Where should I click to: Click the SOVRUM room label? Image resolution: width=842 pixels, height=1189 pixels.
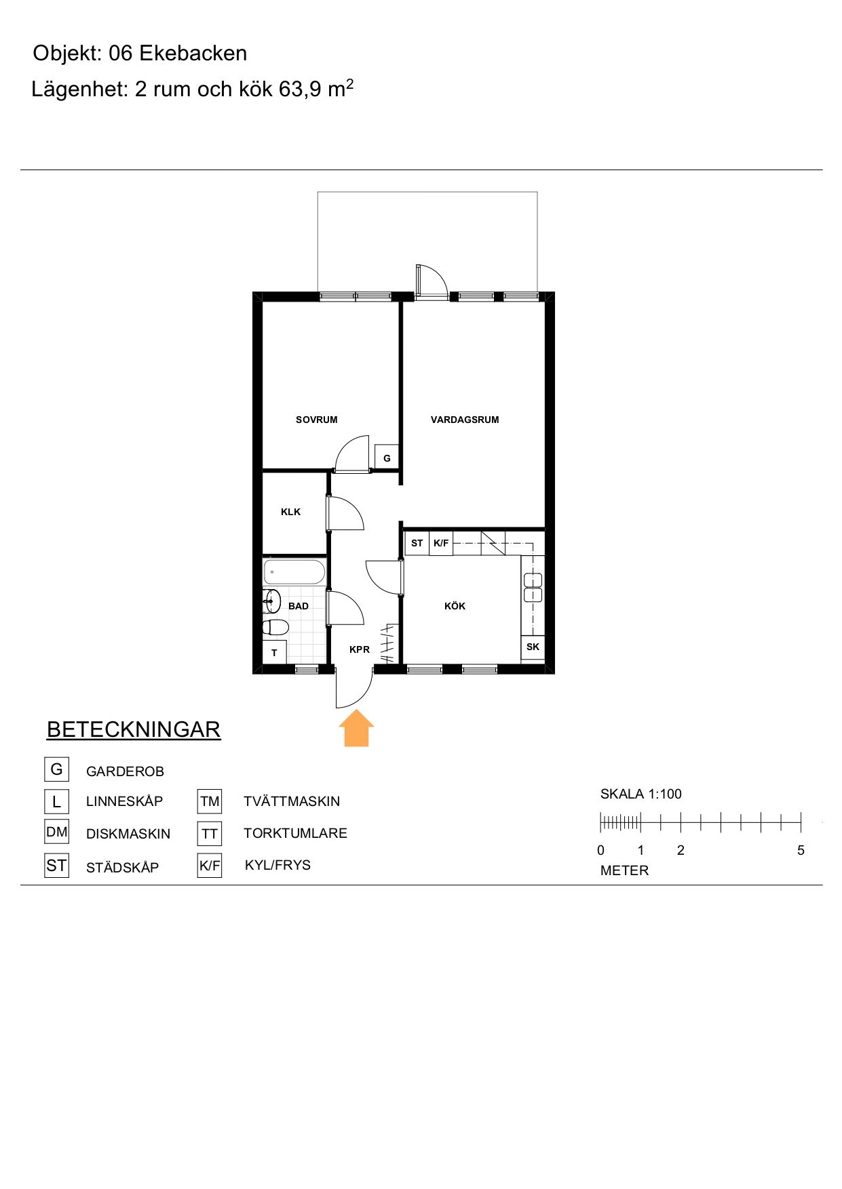pyautogui.click(x=316, y=420)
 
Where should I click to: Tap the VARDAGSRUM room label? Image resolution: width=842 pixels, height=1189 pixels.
pyautogui.click(x=465, y=420)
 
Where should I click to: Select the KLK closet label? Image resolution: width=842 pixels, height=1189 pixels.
pyautogui.click(x=290, y=512)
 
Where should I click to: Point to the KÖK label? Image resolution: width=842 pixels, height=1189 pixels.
pyautogui.click(x=455, y=606)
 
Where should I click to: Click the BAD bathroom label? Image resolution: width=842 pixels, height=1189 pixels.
pyautogui.click(x=299, y=606)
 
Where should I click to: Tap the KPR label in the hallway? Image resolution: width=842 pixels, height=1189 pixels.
pyautogui.click(x=360, y=649)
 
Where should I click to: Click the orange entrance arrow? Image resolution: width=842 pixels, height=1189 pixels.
pyautogui.click(x=356, y=728)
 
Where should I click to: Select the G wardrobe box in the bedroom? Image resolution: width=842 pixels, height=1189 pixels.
pyautogui.click(x=387, y=458)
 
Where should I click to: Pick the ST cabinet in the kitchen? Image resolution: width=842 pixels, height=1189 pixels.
pyautogui.click(x=417, y=543)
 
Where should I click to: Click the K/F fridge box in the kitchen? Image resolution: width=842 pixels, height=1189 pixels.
pyautogui.click(x=441, y=543)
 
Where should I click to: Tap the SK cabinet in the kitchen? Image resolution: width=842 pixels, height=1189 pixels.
pyautogui.click(x=533, y=647)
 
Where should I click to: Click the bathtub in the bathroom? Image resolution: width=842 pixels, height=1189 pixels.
pyautogui.click(x=294, y=571)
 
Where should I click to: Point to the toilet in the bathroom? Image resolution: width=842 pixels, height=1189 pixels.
pyautogui.click(x=275, y=626)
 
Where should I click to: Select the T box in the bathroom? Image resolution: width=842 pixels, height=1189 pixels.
pyautogui.click(x=274, y=652)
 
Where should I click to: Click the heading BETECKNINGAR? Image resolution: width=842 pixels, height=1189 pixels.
pyautogui.click(x=134, y=729)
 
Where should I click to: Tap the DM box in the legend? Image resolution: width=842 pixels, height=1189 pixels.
pyautogui.click(x=57, y=832)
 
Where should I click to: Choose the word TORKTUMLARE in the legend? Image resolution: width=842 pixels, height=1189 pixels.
pyautogui.click(x=295, y=833)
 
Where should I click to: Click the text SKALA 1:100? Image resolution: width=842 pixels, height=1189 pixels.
pyautogui.click(x=640, y=794)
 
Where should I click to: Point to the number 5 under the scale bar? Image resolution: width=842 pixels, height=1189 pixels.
pyautogui.click(x=801, y=850)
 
